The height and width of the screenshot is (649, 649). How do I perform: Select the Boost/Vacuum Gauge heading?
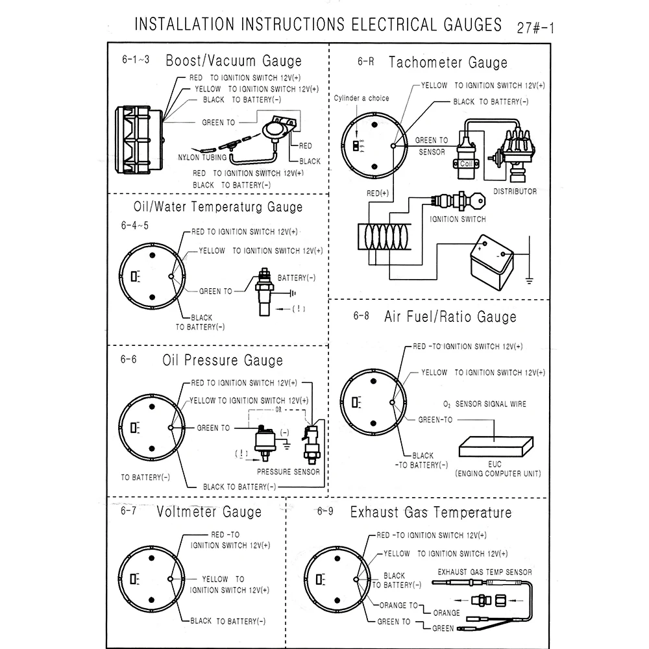pos(234,62)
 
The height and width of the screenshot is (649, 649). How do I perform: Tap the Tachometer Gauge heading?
pos(448,63)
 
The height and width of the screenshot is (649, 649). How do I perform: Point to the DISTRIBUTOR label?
pos(515,191)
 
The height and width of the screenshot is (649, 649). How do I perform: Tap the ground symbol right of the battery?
pos(530,280)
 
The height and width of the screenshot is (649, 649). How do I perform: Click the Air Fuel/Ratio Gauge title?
pos(450,317)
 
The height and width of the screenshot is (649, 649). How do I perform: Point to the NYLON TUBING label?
pos(202,157)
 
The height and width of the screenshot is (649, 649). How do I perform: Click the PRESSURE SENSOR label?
pos(288,472)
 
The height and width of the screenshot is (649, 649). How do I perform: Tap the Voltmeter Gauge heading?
pos(209,512)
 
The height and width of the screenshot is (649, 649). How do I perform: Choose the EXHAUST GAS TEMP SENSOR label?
pos(485,572)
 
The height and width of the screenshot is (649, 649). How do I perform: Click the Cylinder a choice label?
pos(361,98)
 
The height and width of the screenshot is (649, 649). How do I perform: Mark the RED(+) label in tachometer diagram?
pos(378,193)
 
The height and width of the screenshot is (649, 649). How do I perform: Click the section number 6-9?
pos(325,511)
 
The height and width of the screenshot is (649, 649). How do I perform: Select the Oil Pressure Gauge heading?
pos(222,360)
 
